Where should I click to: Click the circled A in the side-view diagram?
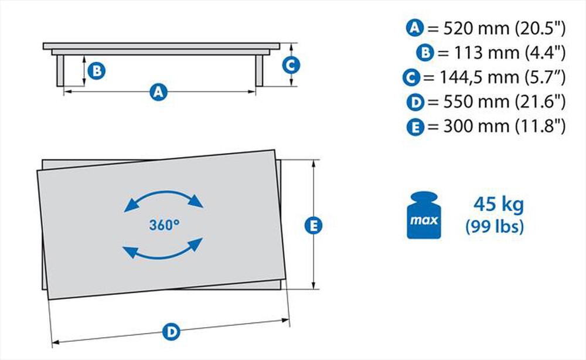pos(158,91)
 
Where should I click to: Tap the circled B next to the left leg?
pos(97,71)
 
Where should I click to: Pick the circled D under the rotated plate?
pos(171,332)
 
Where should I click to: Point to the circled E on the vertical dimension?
pos(315,225)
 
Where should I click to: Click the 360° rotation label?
pos(164,225)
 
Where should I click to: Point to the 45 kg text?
pos(498,205)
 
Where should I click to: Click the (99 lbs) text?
pos(495,227)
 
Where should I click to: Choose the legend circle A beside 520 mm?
pos(414,27)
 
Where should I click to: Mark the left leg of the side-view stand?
pos(60,71)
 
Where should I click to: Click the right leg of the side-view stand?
pos(258,71)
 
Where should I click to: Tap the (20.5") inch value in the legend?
pos(540,27)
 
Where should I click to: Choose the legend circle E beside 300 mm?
pos(415,127)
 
